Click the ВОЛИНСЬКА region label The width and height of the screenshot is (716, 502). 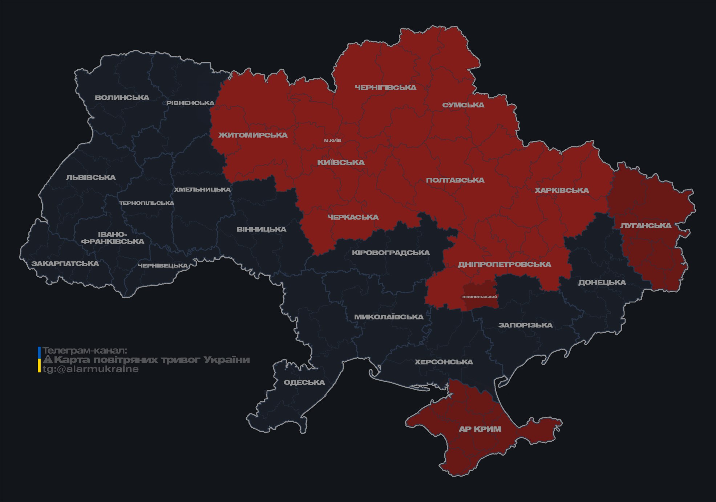point(122,98)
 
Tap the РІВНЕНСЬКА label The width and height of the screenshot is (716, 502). point(190,103)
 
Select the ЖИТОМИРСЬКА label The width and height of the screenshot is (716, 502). point(253,135)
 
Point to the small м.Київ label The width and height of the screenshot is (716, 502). point(333,140)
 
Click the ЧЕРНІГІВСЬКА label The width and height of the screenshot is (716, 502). point(385,87)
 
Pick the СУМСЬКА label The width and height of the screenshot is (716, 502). point(463,105)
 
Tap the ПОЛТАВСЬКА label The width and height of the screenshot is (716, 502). point(455,180)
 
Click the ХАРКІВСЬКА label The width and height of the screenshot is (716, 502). point(562,190)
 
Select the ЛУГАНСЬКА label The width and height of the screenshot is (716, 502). point(646,225)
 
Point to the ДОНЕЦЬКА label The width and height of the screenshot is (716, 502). point(602,282)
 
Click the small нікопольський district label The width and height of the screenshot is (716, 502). point(480,297)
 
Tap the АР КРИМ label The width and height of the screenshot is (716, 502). point(480,429)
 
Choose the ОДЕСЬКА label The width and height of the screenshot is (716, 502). point(304,382)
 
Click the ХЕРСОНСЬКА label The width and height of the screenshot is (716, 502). point(444,362)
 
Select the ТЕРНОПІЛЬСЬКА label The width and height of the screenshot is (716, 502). point(147,203)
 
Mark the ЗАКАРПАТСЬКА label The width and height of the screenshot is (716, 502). point(65,264)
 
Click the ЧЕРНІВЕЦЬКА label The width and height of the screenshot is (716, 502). point(163,266)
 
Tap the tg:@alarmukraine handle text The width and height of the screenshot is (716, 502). point(90,369)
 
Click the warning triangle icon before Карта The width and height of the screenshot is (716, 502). point(48,360)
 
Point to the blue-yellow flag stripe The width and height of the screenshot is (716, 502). point(39,360)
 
